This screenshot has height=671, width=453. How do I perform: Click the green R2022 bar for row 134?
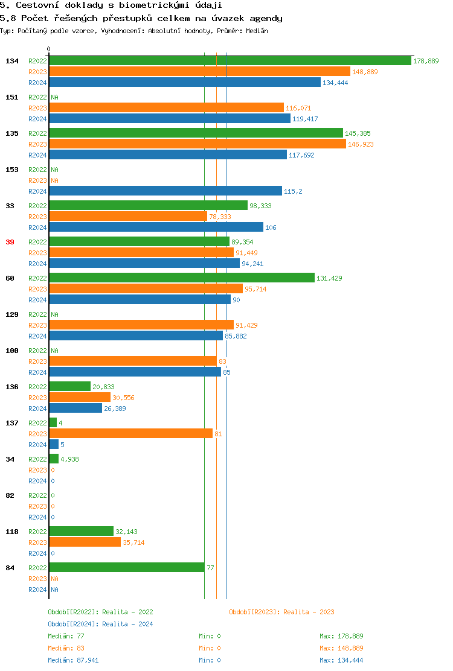230,60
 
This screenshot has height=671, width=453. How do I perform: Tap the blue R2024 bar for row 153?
165,191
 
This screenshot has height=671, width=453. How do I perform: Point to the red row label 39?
10,242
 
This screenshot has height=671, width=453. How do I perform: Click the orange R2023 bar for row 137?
131,433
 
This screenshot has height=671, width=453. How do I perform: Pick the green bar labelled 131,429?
182,278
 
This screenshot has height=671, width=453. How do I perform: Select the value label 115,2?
293,191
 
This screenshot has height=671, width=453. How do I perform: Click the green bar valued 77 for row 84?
127,567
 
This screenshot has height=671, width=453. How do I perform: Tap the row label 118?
11,532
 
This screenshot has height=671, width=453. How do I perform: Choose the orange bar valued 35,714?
85,542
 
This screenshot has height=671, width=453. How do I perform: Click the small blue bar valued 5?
54,444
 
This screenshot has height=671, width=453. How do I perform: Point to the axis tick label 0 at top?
49,49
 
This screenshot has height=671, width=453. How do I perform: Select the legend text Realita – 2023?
309,612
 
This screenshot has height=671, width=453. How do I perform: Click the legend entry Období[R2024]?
73,624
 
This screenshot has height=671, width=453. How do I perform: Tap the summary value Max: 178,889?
341,636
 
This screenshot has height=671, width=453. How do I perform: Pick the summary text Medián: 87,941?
73,660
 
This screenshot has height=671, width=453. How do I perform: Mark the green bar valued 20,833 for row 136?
70,386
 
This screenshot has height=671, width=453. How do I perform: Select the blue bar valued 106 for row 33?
156,227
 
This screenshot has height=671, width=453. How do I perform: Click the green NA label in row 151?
54,97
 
